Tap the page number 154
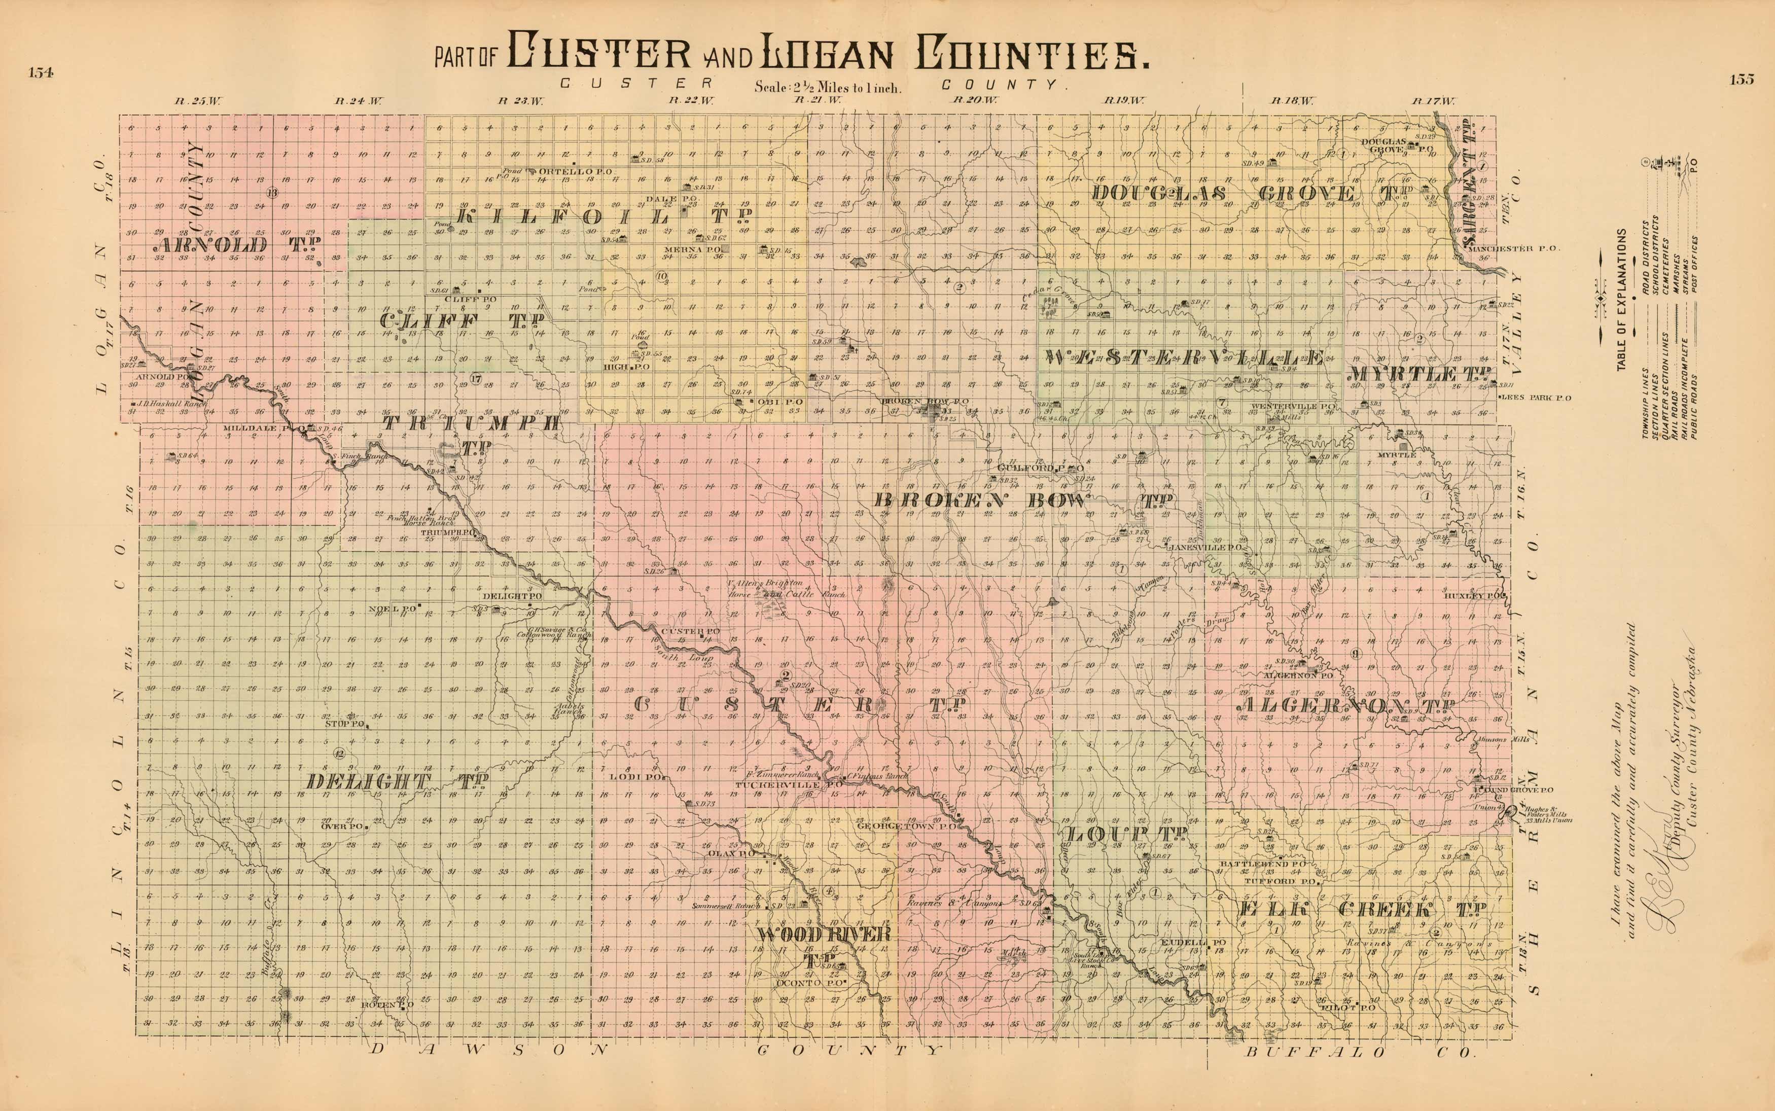click(41, 72)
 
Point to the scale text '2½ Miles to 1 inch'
click(827, 87)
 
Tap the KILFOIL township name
click(604, 216)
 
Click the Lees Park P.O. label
click(1536, 398)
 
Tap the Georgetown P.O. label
click(905, 826)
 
